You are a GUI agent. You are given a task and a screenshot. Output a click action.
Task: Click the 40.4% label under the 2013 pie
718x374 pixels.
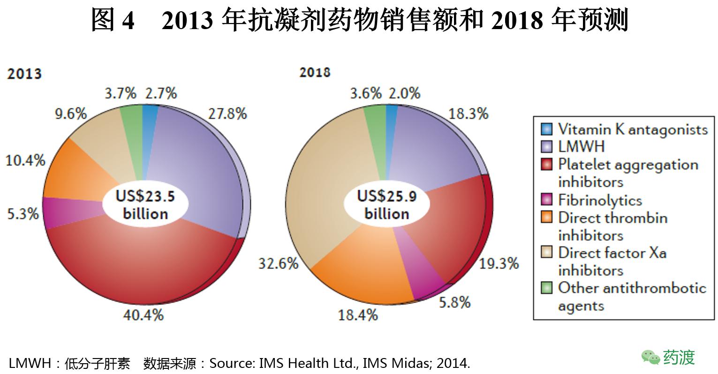coord(143,314)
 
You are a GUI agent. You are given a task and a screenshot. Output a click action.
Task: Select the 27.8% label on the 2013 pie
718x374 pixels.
coord(227,114)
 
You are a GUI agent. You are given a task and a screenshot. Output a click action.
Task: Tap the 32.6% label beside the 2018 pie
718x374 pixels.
coord(278,263)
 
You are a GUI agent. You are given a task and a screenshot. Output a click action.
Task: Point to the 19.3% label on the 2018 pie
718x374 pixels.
coord(499,263)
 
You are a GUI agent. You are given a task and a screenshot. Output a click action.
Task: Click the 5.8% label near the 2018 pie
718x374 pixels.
coord(454,302)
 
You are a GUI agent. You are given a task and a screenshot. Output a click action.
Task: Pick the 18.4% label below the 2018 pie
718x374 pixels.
coord(358,314)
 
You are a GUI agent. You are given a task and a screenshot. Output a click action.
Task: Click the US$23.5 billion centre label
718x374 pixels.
coord(145,205)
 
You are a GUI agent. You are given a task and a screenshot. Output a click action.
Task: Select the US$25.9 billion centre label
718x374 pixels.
coord(387,205)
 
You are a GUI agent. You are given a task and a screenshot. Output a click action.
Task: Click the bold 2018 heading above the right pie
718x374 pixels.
coord(315,72)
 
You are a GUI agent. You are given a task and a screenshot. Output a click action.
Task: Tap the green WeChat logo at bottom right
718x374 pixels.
coord(650,358)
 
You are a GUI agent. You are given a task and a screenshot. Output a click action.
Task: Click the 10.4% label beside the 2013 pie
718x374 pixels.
coord(25,160)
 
